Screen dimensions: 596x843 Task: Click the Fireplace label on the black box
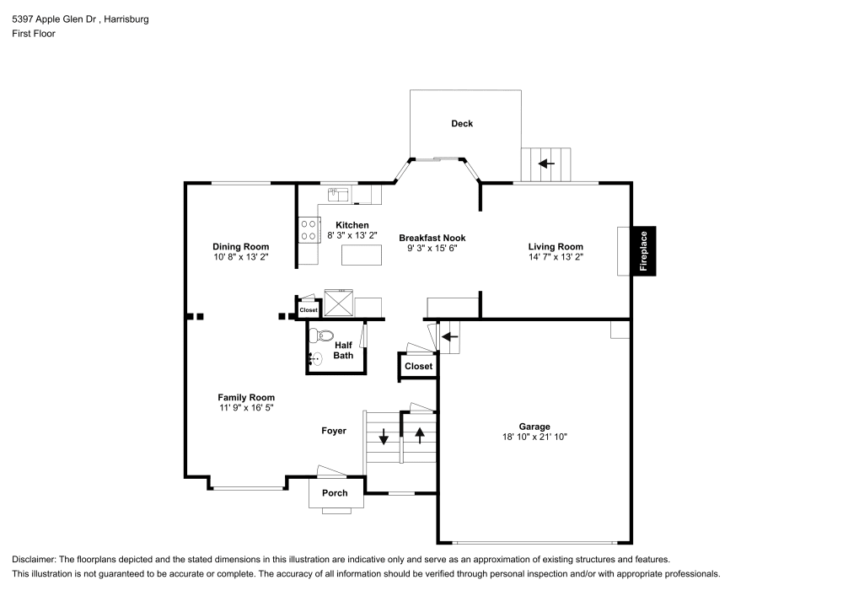[644, 251]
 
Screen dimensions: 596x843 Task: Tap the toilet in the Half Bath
[316, 336]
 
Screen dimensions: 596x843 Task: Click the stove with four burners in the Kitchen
[308, 229]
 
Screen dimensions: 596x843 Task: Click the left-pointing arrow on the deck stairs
[546, 164]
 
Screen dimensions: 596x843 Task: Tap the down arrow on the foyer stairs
[384, 438]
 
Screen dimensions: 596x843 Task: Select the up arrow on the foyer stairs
[419, 437]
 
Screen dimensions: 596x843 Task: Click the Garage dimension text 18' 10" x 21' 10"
[534, 438]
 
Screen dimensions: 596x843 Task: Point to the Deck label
[462, 124]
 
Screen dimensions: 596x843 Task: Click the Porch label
[335, 493]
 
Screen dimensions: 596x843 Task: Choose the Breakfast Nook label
[432, 238]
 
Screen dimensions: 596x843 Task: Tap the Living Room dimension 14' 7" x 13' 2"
[556, 256]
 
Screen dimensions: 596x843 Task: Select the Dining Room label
[240, 246]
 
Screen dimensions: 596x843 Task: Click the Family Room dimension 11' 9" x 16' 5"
[245, 407]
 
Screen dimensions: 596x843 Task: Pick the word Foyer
[334, 431]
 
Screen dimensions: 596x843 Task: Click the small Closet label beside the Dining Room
[308, 310]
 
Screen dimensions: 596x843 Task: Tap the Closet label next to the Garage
[418, 367]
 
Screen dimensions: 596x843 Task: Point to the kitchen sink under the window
[336, 196]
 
